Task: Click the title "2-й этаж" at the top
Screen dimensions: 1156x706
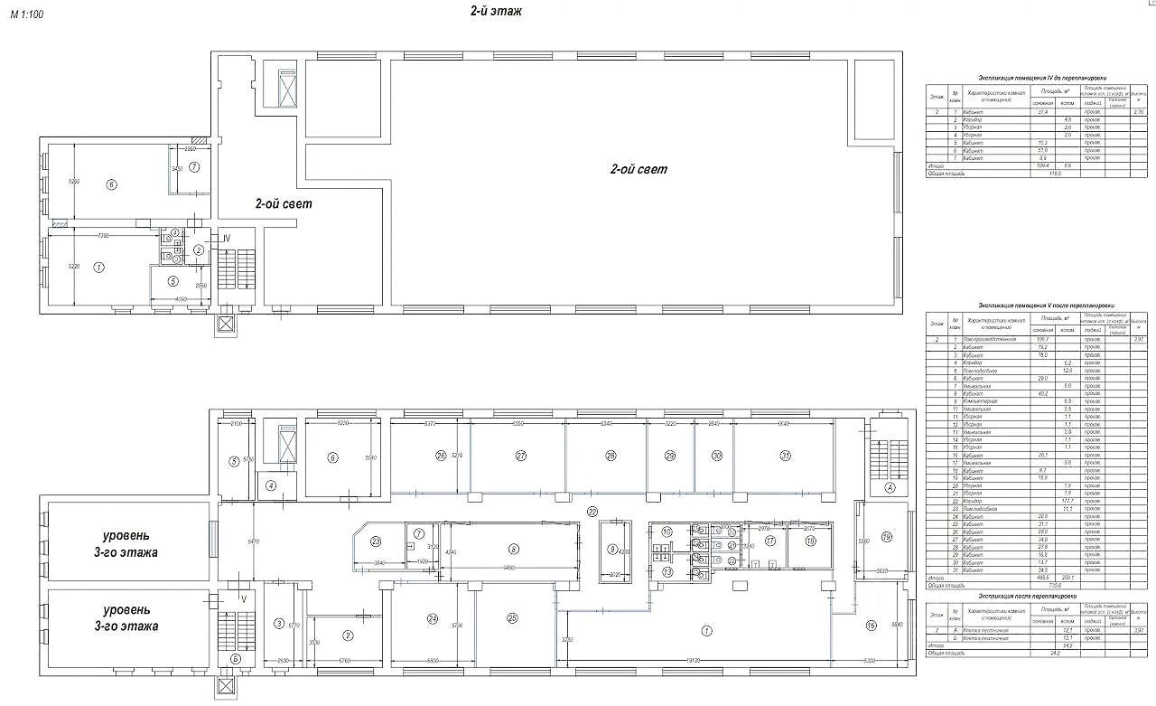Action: (496, 12)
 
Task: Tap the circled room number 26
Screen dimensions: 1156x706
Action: (441, 455)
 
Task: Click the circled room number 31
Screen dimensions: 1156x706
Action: (786, 455)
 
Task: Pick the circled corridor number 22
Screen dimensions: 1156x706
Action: (592, 512)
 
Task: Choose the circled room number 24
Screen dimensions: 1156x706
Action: (433, 618)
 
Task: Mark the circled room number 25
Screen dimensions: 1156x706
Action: (512, 618)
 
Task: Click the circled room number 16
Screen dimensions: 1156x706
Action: (871, 625)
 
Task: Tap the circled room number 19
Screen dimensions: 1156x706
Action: (886, 537)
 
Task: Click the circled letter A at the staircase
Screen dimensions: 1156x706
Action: (890, 488)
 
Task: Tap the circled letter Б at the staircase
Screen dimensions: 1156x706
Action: (235, 658)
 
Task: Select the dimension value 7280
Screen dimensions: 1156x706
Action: (102, 236)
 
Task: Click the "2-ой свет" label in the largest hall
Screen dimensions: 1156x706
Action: (639, 169)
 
